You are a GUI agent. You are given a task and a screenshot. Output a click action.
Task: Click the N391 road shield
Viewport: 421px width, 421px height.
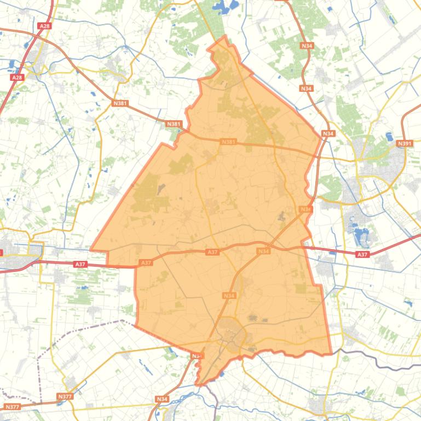click(x=404, y=143)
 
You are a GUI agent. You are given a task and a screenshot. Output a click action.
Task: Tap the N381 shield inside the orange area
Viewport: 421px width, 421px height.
click(x=228, y=142)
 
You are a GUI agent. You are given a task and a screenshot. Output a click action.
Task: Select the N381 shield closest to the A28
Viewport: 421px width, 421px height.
click(x=120, y=103)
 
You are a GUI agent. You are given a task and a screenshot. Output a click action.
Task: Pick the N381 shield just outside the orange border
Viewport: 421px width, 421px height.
click(x=174, y=124)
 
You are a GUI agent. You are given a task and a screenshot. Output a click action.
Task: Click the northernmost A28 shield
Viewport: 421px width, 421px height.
click(x=44, y=26)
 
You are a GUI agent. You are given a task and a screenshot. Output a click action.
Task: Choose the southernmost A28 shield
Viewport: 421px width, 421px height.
click(x=18, y=78)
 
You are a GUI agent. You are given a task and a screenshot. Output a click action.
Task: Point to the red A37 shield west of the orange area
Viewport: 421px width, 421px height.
click(x=80, y=264)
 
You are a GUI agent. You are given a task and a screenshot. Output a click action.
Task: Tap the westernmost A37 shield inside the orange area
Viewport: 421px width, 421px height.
click(x=146, y=263)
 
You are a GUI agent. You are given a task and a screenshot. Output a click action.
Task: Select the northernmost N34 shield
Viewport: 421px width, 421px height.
click(x=307, y=46)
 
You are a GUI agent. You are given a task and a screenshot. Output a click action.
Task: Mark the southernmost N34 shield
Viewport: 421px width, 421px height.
click(x=162, y=399)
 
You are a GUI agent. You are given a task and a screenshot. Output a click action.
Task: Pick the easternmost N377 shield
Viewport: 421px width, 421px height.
click(x=64, y=396)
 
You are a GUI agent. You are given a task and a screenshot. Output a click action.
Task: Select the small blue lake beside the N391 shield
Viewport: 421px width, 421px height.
click(x=389, y=137)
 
